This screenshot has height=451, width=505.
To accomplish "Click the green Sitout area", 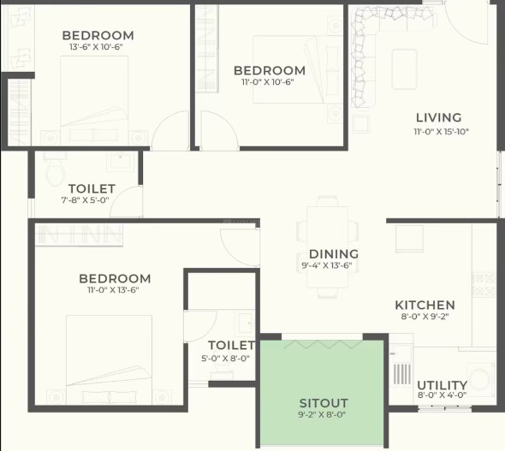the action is tap(322, 393).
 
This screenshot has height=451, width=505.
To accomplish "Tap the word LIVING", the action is tap(438, 118).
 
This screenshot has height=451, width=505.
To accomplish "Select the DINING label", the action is tap(334, 254).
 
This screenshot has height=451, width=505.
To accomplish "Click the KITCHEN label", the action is tap(425, 305).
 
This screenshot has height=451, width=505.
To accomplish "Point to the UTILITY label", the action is tap(442, 385).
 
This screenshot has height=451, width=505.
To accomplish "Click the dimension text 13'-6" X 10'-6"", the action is tap(97, 47).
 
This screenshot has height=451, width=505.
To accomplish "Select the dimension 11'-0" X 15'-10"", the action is tap(441, 132).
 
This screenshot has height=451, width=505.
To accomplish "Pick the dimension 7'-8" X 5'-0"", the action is tap(85, 200).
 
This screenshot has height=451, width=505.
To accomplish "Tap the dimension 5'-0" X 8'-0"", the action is tap(225, 359).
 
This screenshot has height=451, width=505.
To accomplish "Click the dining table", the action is tap(327, 247).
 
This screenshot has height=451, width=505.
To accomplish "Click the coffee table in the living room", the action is tap(405, 69).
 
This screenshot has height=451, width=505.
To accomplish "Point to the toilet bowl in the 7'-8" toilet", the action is tap(55, 171).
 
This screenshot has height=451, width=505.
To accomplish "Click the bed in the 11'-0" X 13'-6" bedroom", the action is tap(109, 359).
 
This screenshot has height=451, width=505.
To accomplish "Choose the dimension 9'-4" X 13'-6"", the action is tap(327, 266).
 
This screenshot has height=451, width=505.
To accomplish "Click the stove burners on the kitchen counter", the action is tap(484, 284).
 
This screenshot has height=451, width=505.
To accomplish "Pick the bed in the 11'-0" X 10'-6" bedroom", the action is tap(297, 69).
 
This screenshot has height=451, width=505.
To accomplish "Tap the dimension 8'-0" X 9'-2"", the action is tap(425, 317).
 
